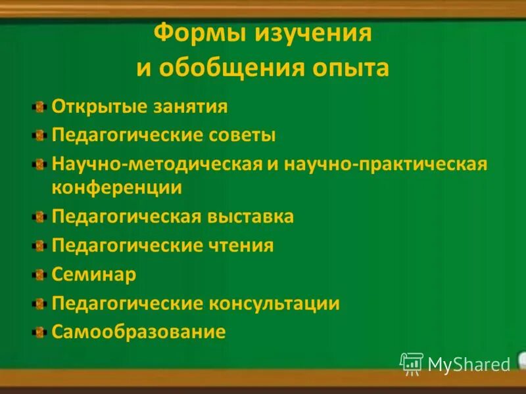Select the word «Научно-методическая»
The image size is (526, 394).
(x=157, y=164)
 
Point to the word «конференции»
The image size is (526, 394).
(x=117, y=187)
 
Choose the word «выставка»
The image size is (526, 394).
(x=249, y=216)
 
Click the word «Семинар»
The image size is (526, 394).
(x=94, y=274)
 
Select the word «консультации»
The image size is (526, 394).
(x=274, y=303)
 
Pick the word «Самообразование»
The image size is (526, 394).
(x=139, y=332)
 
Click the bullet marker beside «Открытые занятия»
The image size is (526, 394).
(x=41, y=106)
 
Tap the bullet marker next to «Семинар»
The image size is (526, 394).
(x=41, y=274)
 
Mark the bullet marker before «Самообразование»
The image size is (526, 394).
(x=41, y=332)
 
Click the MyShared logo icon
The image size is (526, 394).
(x=412, y=363)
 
